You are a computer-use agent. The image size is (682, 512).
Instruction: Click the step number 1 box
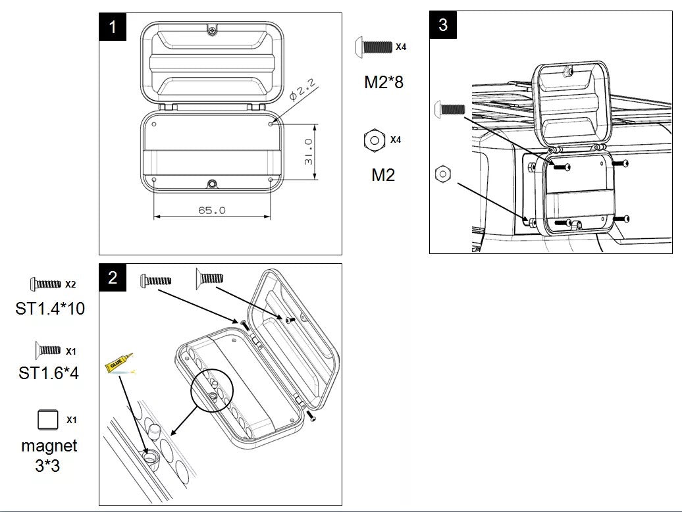coord(113,27)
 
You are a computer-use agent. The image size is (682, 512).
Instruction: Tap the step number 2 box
coord(113,278)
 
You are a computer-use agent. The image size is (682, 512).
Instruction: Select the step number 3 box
coord(443,25)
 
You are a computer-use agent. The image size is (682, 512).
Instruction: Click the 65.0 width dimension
coord(212,211)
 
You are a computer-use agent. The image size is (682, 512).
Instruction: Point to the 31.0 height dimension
coord(308,152)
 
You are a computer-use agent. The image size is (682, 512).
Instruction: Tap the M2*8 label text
coord(383,83)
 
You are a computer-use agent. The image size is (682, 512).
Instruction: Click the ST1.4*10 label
coord(50,308)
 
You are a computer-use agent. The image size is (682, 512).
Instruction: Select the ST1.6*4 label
coord(49,373)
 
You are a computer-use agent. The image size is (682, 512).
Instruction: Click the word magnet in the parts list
coord(49,446)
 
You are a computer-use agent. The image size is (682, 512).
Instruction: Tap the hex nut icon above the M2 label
coord(374,140)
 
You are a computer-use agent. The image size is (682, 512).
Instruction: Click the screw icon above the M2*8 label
coord(373,47)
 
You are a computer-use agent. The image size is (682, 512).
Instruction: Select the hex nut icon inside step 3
coord(443,174)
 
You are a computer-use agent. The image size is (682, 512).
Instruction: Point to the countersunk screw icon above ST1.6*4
coord(47,349)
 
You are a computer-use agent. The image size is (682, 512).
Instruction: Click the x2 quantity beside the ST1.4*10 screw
coord(70,284)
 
